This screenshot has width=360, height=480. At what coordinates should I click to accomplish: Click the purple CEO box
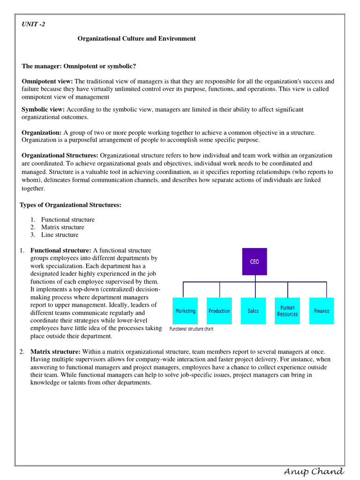255,262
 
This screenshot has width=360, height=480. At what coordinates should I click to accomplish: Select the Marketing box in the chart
185,311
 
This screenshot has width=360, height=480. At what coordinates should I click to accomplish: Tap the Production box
219,311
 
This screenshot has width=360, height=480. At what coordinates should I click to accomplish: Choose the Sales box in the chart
253,311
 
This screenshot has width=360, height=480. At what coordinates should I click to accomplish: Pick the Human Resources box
287,311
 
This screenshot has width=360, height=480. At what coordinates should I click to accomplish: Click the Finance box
322,311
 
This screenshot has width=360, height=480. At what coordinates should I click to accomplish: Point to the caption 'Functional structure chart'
191,329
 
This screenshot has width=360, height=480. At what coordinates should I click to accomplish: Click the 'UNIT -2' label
34,24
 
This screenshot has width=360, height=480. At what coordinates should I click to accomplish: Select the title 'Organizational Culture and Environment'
136,38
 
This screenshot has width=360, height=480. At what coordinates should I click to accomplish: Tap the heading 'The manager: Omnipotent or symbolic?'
79,66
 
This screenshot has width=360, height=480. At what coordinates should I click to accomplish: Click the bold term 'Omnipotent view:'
47,81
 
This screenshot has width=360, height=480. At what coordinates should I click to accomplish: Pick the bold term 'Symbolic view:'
43,109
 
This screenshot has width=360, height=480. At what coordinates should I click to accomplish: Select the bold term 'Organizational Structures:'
60,155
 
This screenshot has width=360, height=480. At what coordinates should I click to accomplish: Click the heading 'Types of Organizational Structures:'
70,205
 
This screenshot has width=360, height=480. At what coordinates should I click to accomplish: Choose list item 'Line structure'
60,235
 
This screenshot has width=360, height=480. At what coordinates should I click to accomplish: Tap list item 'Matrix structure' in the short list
62,227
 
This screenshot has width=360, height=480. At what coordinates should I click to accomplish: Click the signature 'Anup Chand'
314,472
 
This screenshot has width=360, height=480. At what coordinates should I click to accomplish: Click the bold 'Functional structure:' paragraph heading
60,250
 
